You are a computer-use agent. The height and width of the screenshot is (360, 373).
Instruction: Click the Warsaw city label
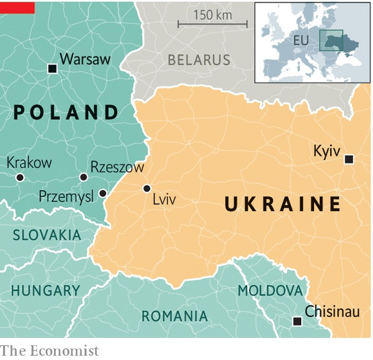(85, 59)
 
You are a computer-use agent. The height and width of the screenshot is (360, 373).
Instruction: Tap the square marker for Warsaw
(52, 69)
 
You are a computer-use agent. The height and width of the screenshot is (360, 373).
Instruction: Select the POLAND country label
(66, 112)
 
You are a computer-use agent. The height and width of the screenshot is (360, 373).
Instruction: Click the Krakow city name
(29, 163)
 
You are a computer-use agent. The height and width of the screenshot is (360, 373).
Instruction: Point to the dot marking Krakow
(20, 177)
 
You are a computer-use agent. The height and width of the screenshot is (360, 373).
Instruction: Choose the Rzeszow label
(117, 167)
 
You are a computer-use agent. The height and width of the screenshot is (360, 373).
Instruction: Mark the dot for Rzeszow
(83, 177)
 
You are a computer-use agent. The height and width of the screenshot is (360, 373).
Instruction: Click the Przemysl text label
(66, 196)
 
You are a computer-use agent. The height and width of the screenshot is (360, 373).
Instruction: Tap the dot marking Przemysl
(102, 193)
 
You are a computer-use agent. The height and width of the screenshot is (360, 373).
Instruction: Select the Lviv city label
(164, 199)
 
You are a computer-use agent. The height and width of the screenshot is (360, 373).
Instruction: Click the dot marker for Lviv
(147, 188)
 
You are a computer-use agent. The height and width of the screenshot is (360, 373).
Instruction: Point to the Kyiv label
(326, 151)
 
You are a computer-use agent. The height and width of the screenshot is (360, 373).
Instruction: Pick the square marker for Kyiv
(349, 159)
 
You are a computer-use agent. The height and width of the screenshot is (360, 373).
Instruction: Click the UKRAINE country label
(283, 204)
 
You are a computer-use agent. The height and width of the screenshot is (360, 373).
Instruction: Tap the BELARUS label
(199, 60)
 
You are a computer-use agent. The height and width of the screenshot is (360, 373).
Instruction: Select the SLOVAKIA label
(47, 235)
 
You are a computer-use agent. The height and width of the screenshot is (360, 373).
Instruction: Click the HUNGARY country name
(45, 290)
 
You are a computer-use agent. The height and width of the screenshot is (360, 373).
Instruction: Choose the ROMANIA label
(174, 316)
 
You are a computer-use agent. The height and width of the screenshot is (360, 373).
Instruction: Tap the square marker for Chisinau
(298, 321)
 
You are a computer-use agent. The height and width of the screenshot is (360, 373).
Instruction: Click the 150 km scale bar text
(212, 15)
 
